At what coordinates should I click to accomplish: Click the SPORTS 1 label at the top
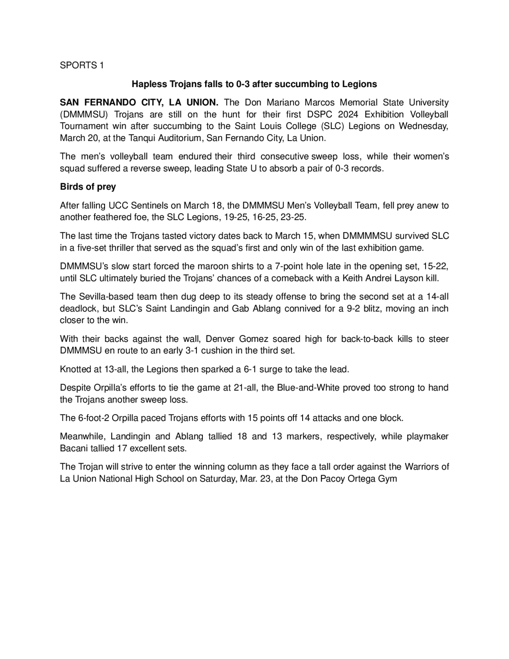point(82,66)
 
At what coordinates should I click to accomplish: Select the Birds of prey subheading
point(88,187)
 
